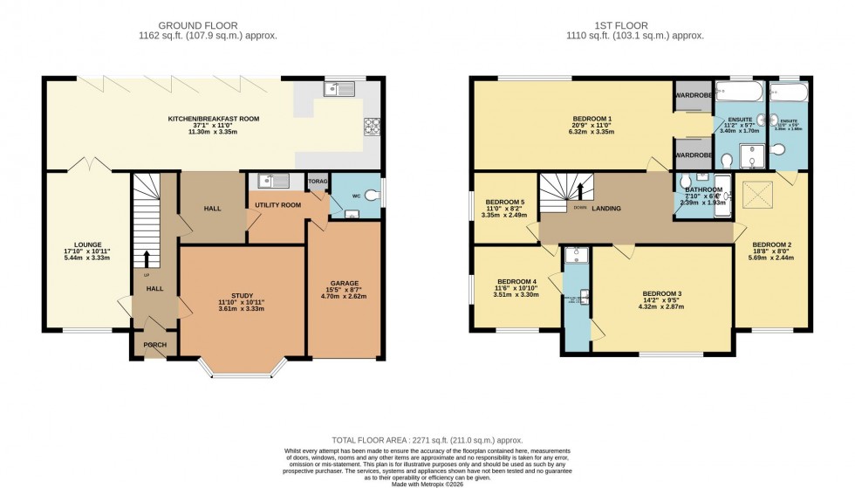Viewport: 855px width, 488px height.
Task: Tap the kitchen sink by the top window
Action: [x=337, y=88]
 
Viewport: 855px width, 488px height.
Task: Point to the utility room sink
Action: [x=273, y=182]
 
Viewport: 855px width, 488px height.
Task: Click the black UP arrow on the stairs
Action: [x=146, y=258]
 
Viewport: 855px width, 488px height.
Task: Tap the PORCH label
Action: [x=154, y=345]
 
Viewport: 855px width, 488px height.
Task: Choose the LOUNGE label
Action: [x=88, y=244]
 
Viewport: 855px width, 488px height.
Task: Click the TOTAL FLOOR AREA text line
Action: [x=427, y=442]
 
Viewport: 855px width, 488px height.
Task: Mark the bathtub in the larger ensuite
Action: [x=738, y=93]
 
